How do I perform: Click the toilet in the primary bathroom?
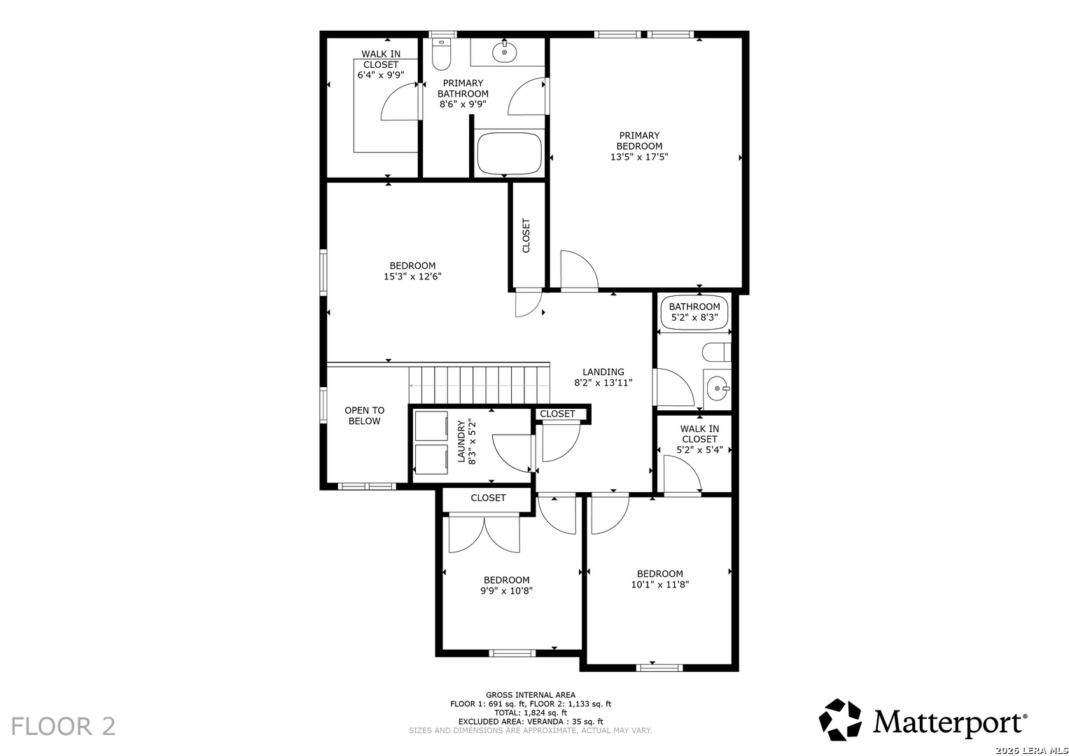(x=441, y=54)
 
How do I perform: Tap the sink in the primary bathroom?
(x=505, y=52)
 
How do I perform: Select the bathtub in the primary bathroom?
(x=509, y=154)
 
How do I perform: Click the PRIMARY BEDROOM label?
(x=639, y=141)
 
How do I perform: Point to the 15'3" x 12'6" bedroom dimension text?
(x=413, y=276)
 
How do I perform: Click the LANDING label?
(x=603, y=372)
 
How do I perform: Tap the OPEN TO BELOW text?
(x=365, y=416)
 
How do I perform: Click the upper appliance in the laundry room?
(x=431, y=426)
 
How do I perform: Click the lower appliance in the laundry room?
(x=431, y=460)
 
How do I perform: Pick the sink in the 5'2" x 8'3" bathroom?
(x=718, y=388)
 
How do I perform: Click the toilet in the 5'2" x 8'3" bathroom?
(x=717, y=352)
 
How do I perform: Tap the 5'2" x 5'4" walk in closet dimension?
(x=699, y=449)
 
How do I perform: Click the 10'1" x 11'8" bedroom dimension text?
(x=660, y=584)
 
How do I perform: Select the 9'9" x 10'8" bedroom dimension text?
(x=506, y=590)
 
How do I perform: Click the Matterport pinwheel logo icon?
(x=840, y=720)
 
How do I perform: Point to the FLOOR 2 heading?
(x=64, y=727)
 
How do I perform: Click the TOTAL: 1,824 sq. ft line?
(x=531, y=713)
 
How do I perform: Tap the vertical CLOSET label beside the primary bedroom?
(x=526, y=236)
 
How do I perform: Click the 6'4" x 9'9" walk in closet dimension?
(x=381, y=75)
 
